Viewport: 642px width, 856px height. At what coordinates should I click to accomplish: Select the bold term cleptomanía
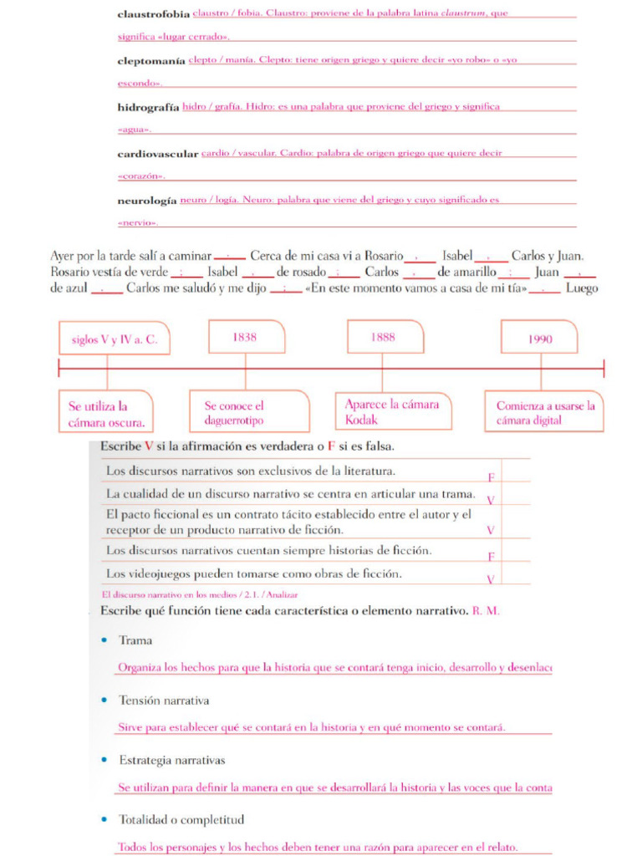coord(150,61)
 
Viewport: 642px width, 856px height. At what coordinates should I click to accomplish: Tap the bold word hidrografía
coord(148,108)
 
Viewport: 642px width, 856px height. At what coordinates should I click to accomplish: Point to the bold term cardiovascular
coord(157,155)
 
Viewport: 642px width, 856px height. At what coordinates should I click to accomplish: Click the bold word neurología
coord(146,201)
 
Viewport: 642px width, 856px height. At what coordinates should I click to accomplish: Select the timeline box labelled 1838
coord(246,338)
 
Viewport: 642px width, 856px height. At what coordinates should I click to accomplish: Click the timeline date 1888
coord(384,337)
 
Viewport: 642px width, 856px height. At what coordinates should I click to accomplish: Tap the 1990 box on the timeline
coord(540,339)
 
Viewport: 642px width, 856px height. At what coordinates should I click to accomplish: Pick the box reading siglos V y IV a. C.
coord(115,339)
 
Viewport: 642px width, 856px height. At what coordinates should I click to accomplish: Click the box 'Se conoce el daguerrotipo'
coord(248,412)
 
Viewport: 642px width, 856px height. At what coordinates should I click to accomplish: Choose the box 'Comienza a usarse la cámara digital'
coord(545,412)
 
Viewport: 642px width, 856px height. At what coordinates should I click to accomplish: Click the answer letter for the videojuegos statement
coord(491,579)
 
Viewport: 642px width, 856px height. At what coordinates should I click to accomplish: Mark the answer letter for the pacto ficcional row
coord(491,530)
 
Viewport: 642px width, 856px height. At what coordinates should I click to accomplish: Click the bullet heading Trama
coord(135,640)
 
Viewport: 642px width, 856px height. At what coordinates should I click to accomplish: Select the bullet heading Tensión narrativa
coord(163,701)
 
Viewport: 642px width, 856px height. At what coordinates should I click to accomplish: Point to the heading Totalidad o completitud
coord(181,819)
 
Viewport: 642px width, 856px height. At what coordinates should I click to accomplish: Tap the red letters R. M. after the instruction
coord(486,611)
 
